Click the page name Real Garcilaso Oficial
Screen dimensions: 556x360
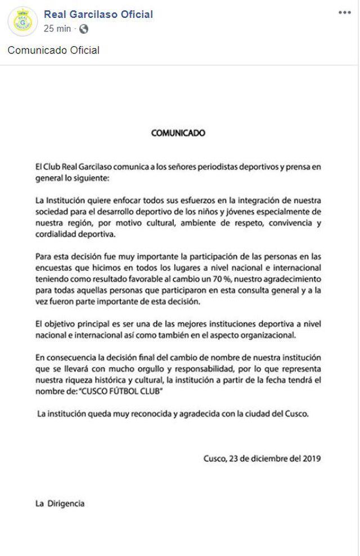98,15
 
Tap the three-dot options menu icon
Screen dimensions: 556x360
344,12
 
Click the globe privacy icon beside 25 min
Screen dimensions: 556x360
84,28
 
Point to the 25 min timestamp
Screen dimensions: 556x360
57,28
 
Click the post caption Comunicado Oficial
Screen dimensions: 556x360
53,51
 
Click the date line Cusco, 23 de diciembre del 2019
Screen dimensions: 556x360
262,458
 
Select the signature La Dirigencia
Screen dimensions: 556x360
60,504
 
